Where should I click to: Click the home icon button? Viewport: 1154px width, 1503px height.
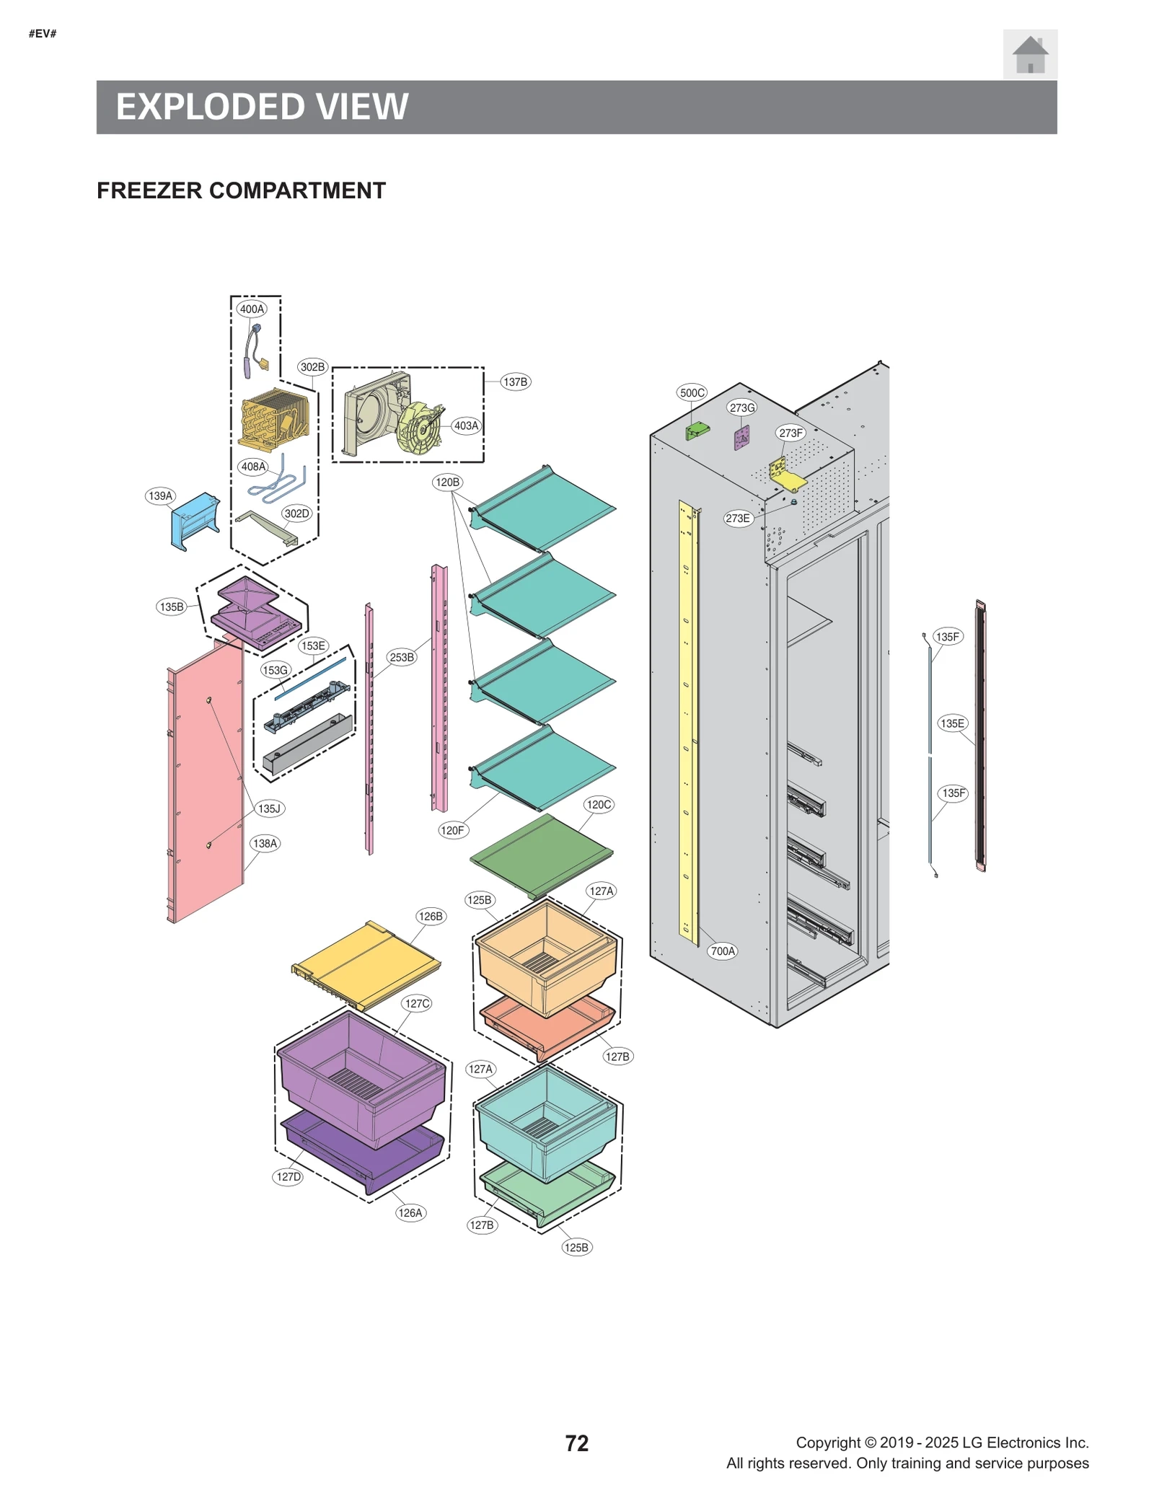[x=1029, y=54]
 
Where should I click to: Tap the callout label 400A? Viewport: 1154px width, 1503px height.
[x=252, y=309]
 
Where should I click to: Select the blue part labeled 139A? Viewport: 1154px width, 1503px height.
[x=193, y=519]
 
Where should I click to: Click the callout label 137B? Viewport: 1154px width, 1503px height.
[x=515, y=382]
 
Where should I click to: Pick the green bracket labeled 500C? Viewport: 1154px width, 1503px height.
[x=697, y=431]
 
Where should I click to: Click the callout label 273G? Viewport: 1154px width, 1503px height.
[x=741, y=407]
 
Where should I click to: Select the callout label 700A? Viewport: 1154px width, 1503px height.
[x=723, y=951]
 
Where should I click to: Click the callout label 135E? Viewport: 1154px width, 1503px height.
[x=952, y=723]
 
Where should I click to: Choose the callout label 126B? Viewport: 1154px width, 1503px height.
[x=431, y=916]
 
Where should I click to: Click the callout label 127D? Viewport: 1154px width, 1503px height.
[x=288, y=1176]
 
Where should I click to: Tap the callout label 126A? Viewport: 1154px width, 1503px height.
[x=410, y=1212]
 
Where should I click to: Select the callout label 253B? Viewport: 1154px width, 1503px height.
[x=402, y=657]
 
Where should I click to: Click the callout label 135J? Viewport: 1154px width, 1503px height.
[x=269, y=808]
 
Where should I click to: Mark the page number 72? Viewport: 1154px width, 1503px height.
[x=576, y=1442]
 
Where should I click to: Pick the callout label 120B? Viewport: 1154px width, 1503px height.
[x=447, y=482]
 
